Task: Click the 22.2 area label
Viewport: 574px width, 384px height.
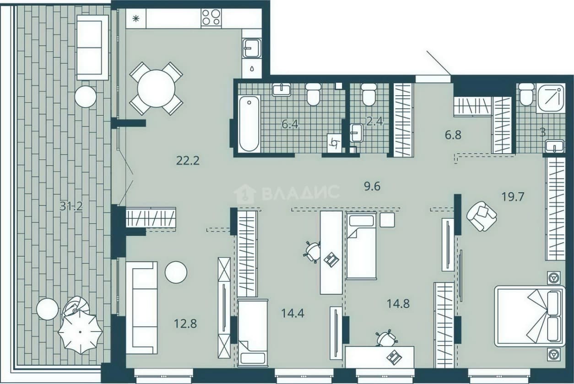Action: tap(188, 161)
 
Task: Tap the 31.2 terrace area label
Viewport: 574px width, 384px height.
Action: tap(71, 206)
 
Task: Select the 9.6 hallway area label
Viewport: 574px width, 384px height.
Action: tap(372, 186)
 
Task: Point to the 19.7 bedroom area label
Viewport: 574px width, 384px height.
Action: tap(513, 197)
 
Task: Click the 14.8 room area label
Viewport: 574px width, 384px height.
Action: tap(398, 304)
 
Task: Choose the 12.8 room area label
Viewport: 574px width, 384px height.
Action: tap(185, 324)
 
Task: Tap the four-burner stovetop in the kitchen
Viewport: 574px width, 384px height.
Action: tap(211, 17)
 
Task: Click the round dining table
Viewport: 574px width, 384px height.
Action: tap(156, 89)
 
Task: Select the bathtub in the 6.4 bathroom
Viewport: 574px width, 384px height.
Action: tap(249, 124)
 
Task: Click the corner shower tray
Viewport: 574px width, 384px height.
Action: tap(550, 99)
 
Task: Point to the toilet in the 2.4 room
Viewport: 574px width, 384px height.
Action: tap(368, 94)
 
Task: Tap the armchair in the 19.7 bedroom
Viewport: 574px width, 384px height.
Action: tap(482, 216)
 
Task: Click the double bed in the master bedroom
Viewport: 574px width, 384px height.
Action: tap(530, 316)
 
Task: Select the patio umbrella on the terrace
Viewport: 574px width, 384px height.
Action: tap(81, 332)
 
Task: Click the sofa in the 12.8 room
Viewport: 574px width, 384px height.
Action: tap(141, 308)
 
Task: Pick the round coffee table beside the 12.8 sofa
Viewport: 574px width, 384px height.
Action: tap(176, 272)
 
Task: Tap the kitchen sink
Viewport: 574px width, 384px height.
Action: tap(252, 48)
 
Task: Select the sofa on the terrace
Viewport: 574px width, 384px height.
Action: tap(92, 48)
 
